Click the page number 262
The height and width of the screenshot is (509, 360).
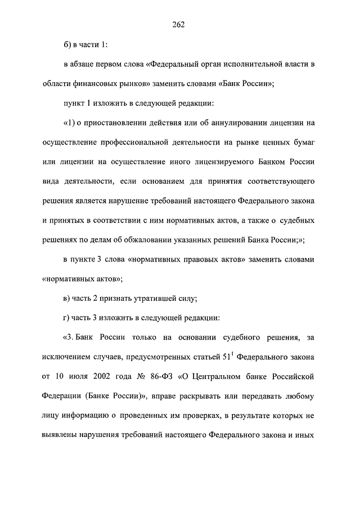179,24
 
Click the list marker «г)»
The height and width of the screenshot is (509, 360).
67,318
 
